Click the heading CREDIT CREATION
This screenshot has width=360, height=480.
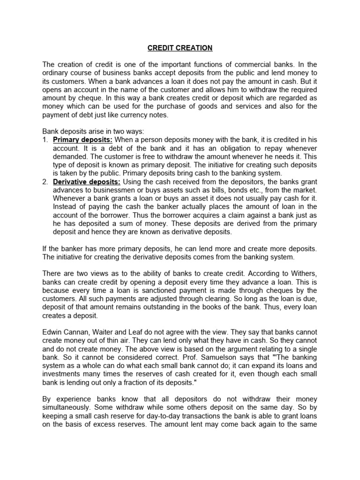pyautogui.click(x=180, y=48)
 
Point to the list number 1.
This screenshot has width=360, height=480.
pyautogui.click(x=45, y=140)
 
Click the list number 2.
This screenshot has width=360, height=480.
pyautogui.click(x=45, y=182)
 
